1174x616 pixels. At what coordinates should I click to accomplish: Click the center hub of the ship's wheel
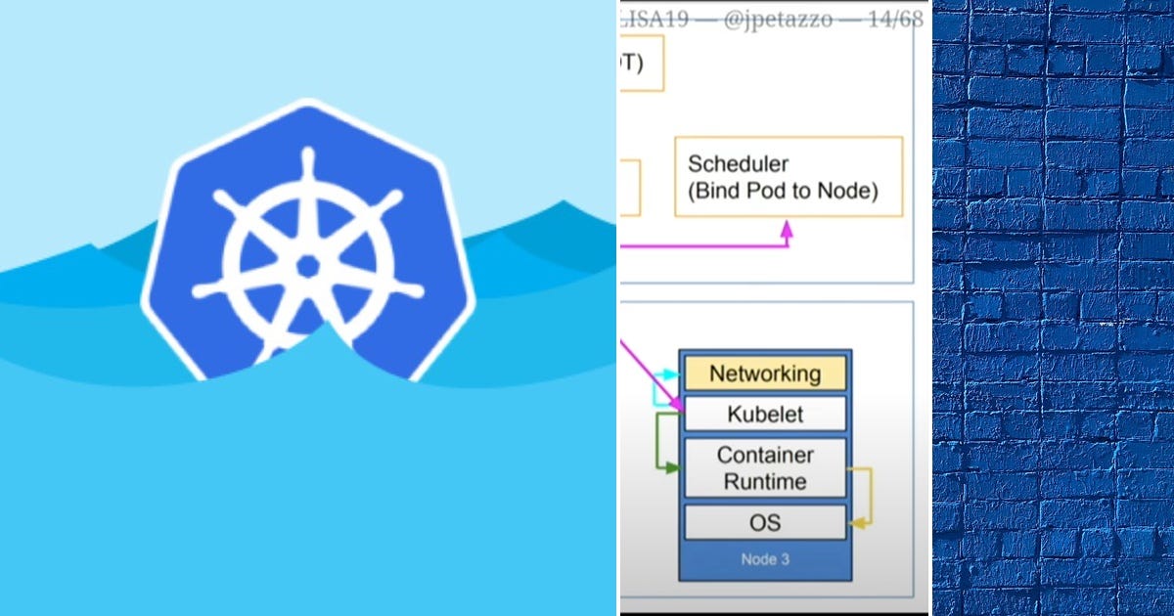tap(308, 266)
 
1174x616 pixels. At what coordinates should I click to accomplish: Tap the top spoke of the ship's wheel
tap(308, 176)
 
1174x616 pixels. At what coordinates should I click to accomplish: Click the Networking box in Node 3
tap(765, 374)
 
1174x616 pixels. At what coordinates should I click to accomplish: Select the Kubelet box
tap(765, 414)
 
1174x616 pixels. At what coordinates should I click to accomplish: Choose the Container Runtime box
tap(765, 468)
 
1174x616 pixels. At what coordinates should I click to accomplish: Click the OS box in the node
tap(765, 522)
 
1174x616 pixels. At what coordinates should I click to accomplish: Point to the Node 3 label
tap(765, 561)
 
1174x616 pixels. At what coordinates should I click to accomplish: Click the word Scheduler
tap(738, 163)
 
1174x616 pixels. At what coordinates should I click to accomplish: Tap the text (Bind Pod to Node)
tap(783, 191)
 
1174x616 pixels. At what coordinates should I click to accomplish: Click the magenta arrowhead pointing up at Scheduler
tap(787, 228)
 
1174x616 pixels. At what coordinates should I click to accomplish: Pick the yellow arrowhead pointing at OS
tap(856, 523)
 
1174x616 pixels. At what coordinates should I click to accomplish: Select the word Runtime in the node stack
tap(765, 481)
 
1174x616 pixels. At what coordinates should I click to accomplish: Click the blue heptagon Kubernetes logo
tap(308, 244)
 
